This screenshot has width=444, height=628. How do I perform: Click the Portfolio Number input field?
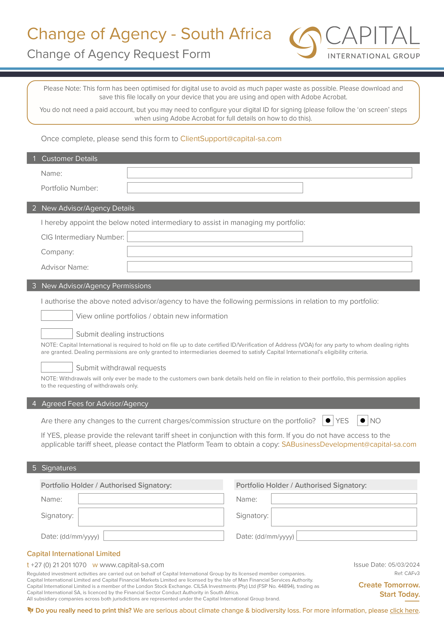215,188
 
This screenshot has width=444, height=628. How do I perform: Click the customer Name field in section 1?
269,173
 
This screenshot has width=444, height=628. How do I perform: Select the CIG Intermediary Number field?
215,237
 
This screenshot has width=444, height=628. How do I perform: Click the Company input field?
269,251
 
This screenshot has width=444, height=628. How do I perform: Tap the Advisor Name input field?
269,267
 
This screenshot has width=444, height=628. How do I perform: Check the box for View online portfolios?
57,315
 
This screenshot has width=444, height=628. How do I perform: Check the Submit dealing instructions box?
57,334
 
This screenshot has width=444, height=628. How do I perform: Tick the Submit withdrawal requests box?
57,367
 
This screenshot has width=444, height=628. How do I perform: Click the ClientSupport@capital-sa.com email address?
231,139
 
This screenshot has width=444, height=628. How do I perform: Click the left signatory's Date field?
164,536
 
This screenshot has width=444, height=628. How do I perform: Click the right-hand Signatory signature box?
344,517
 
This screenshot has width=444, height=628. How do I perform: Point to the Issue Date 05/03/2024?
386,565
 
